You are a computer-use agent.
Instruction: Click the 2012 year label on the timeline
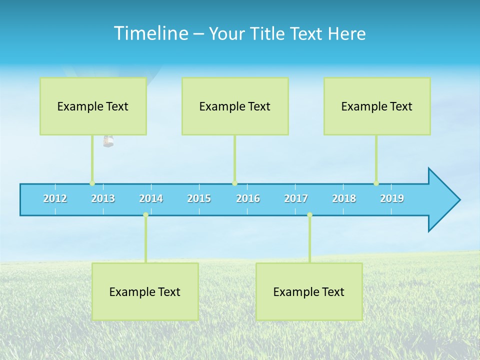point(55,198)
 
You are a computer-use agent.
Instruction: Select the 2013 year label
point(103,198)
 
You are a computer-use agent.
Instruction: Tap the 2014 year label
point(151,198)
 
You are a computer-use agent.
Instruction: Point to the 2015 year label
point(199,198)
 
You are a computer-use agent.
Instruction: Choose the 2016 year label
point(248,198)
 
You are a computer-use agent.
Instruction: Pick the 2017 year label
point(296,198)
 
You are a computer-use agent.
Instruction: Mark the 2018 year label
point(344,198)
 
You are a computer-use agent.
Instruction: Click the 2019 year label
point(392,198)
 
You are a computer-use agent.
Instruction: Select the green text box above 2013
point(93,106)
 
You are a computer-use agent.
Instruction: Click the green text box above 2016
point(235,106)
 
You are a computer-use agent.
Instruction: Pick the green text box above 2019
point(377,106)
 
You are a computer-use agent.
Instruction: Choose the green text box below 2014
point(145,291)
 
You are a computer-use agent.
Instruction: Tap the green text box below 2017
point(309,291)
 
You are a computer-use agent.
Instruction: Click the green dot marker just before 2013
point(92,183)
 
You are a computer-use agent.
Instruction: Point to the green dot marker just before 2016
point(234,183)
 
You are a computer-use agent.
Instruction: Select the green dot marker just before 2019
point(376,183)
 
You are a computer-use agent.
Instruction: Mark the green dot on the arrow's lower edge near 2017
point(309,214)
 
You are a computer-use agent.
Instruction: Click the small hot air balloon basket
point(108,141)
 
